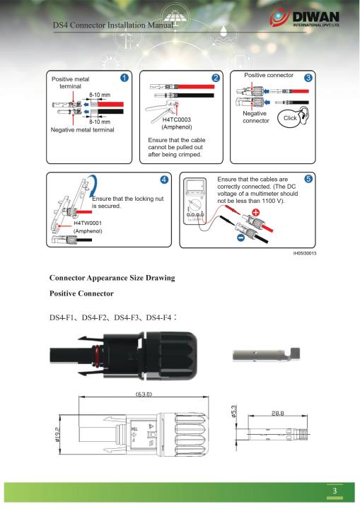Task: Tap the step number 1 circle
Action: pyautogui.click(x=124, y=77)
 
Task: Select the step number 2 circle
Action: pyautogui.click(x=216, y=77)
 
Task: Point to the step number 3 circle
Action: pyautogui.click(x=308, y=77)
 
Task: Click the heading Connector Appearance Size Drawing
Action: pyautogui.click(x=112, y=279)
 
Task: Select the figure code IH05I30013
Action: pyautogui.click(x=300, y=253)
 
